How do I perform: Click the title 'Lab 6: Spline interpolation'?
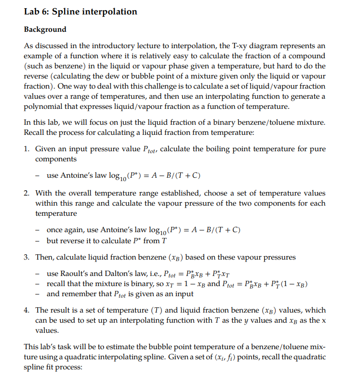pyautogui.click(x=80, y=12)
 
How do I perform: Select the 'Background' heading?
pyautogui.click(x=45, y=29)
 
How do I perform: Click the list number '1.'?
pyautogui.click(x=27, y=149)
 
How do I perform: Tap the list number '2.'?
pyautogui.click(x=27, y=193)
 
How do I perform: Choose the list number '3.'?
pyautogui.click(x=27, y=257)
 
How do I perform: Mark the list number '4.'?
pyautogui.click(x=27, y=310)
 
